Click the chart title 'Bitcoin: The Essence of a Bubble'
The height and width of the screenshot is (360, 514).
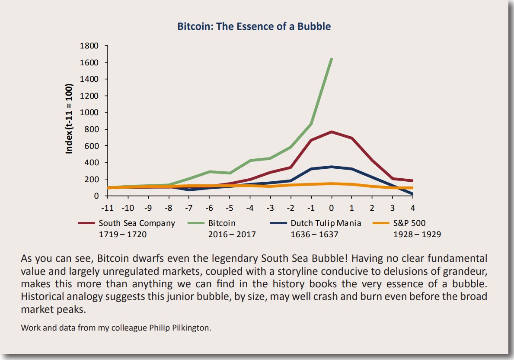coord(254,26)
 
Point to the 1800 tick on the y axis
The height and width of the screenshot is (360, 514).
coord(90,46)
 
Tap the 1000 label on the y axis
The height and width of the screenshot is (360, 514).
coord(90,112)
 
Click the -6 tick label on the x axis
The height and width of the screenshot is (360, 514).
coord(209,208)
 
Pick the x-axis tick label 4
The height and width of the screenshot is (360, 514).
coord(412,208)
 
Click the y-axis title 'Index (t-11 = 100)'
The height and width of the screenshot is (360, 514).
coord(69,119)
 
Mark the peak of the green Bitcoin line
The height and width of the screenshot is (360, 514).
coord(331,59)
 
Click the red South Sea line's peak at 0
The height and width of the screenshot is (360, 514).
coord(331,132)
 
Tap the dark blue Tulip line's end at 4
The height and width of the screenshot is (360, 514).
coord(412,194)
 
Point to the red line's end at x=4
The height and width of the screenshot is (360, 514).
coord(412,180)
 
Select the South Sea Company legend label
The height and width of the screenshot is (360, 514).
coord(137,223)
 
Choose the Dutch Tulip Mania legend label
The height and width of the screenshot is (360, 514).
coord(326,223)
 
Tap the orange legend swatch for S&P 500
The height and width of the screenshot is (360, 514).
coord(379,223)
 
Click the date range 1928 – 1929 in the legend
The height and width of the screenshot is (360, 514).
coord(417,235)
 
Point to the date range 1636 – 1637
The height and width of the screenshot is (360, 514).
coord(314,235)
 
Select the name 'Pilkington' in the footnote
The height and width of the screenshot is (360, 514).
coord(190,328)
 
